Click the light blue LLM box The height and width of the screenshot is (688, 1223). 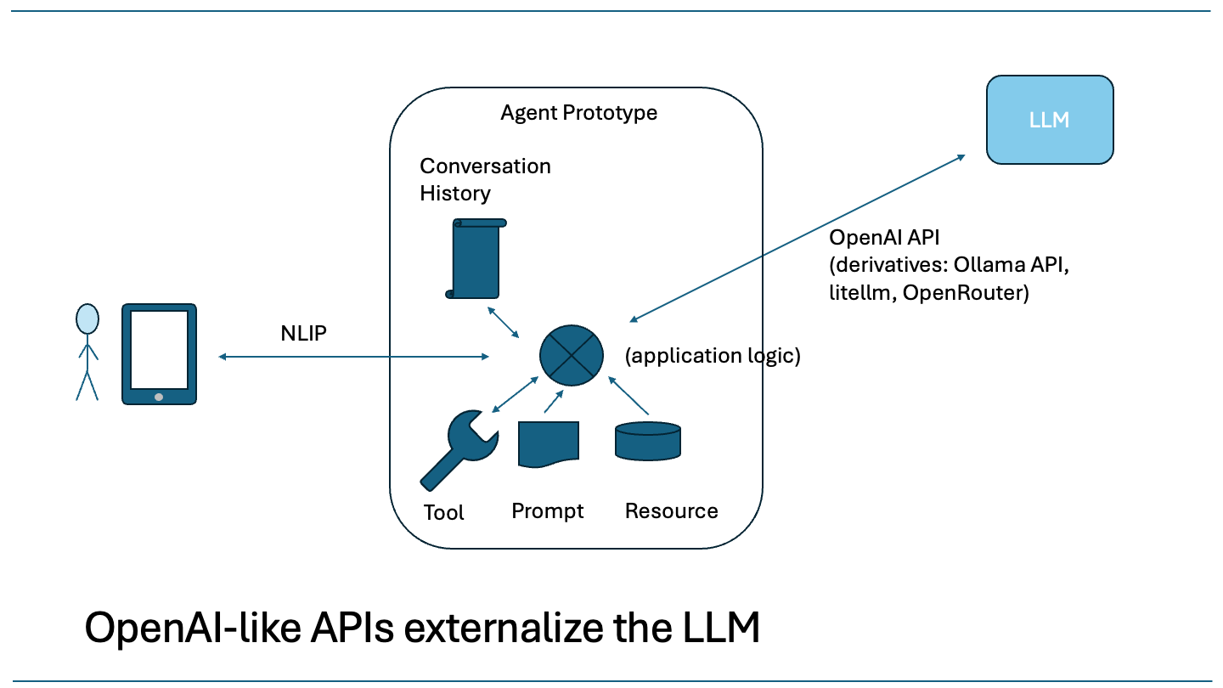[x=1049, y=120]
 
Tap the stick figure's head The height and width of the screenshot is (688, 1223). [x=87, y=319]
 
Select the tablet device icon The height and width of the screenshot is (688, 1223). [x=159, y=354]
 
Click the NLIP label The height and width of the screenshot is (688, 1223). [x=304, y=333]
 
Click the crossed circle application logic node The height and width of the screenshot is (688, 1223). [x=572, y=354]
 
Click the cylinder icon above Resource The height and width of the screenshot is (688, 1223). [x=647, y=440]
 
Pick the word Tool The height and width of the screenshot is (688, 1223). [x=443, y=512]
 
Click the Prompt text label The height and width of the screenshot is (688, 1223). [x=548, y=511]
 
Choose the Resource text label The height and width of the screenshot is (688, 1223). [x=671, y=511]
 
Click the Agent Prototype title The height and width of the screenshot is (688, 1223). [x=578, y=112]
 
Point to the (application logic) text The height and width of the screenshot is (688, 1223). [x=713, y=356]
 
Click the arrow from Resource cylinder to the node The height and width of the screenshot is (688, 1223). [x=629, y=397]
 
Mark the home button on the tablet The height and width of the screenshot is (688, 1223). [x=159, y=397]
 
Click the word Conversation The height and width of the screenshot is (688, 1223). [x=485, y=166]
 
